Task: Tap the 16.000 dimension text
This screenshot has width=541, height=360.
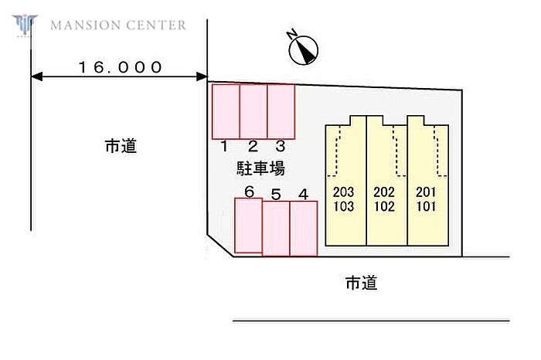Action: [121, 67]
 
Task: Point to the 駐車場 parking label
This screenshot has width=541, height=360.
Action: [260, 168]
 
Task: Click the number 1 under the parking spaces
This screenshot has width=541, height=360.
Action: [223, 146]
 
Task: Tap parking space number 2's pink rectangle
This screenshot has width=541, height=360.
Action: [253, 111]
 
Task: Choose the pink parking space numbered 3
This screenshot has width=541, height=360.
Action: [281, 111]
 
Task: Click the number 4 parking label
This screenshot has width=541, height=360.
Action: [304, 194]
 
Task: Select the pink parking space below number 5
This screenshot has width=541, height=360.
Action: [276, 229]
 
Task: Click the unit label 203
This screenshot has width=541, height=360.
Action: [343, 192]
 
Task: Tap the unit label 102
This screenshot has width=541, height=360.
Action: [384, 206]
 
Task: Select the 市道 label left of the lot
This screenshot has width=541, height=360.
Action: [121, 145]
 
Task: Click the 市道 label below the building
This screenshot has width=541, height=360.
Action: [361, 284]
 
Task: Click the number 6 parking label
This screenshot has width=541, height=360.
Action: [249, 191]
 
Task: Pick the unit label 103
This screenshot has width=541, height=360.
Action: [343, 206]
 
